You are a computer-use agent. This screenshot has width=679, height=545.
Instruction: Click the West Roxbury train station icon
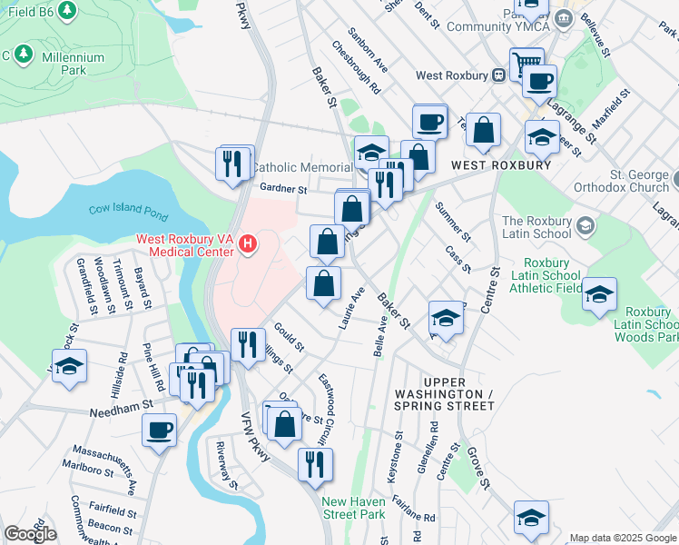tap(498, 76)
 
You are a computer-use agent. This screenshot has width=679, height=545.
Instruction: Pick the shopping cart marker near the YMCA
tap(526, 64)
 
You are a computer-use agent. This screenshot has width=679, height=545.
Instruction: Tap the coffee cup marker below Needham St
tap(159, 430)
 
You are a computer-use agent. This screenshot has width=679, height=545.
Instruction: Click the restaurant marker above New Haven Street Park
tap(315, 463)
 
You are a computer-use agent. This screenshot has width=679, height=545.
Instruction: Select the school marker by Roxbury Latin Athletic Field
tap(599, 294)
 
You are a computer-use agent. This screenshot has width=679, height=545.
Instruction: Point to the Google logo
tap(30, 534)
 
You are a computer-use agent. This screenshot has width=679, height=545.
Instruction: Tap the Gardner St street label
tap(283, 189)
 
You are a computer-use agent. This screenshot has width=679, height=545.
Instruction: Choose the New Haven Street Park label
tap(359, 508)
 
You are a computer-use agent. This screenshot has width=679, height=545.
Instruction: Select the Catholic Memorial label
tap(301, 167)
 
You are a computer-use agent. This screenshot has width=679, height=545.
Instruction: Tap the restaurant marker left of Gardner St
tap(234, 163)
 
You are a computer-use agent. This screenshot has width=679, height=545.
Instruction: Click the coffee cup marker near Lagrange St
tap(538, 81)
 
